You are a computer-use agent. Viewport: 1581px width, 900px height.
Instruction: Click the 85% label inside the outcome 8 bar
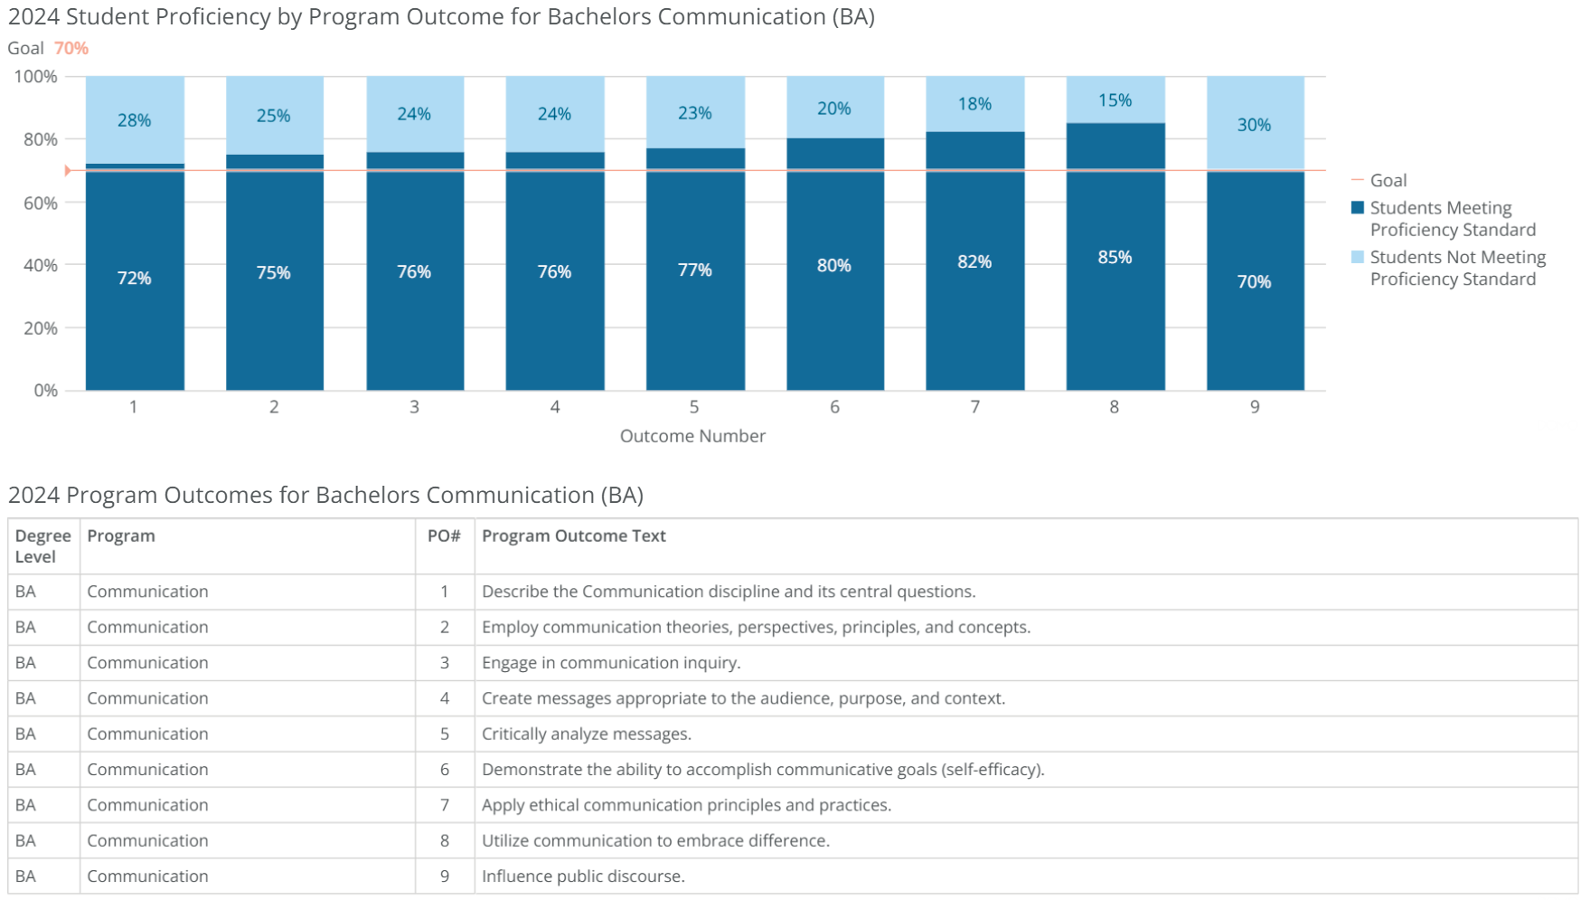click(x=1115, y=258)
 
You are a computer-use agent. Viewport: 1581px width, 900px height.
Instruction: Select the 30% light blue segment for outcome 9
click(x=1255, y=125)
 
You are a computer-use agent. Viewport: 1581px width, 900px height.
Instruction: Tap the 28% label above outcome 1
click(x=134, y=120)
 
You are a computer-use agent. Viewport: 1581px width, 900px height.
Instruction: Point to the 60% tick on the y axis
click(x=41, y=203)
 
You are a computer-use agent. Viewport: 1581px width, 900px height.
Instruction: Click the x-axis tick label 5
click(x=694, y=407)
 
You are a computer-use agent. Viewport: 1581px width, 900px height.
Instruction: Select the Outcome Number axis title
click(x=692, y=436)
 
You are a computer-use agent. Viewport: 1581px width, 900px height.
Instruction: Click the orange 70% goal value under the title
click(x=71, y=49)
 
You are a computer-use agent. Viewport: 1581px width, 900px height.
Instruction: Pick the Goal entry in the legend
click(x=1388, y=181)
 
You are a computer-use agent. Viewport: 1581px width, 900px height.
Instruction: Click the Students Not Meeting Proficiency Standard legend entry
click(x=1456, y=268)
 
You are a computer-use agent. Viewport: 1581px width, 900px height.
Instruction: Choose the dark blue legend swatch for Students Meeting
click(x=1357, y=208)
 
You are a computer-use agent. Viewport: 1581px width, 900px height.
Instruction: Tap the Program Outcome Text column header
click(x=573, y=535)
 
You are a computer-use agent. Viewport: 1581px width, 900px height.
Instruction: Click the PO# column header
click(x=444, y=535)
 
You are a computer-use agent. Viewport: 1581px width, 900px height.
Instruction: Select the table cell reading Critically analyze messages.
click(x=586, y=734)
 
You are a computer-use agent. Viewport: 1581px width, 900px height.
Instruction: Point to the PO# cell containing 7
click(x=444, y=805)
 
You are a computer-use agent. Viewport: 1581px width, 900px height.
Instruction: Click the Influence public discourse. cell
click(x=583, y=876)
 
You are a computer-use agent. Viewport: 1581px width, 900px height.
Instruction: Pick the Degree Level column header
click(x=42, y=546)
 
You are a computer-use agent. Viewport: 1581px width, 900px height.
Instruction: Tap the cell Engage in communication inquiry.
click(x=610, y=663)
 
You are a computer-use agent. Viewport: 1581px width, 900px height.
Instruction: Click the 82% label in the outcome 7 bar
click(x=974, y=262)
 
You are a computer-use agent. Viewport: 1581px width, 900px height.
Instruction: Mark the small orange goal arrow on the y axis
click(x=68, y=170)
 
